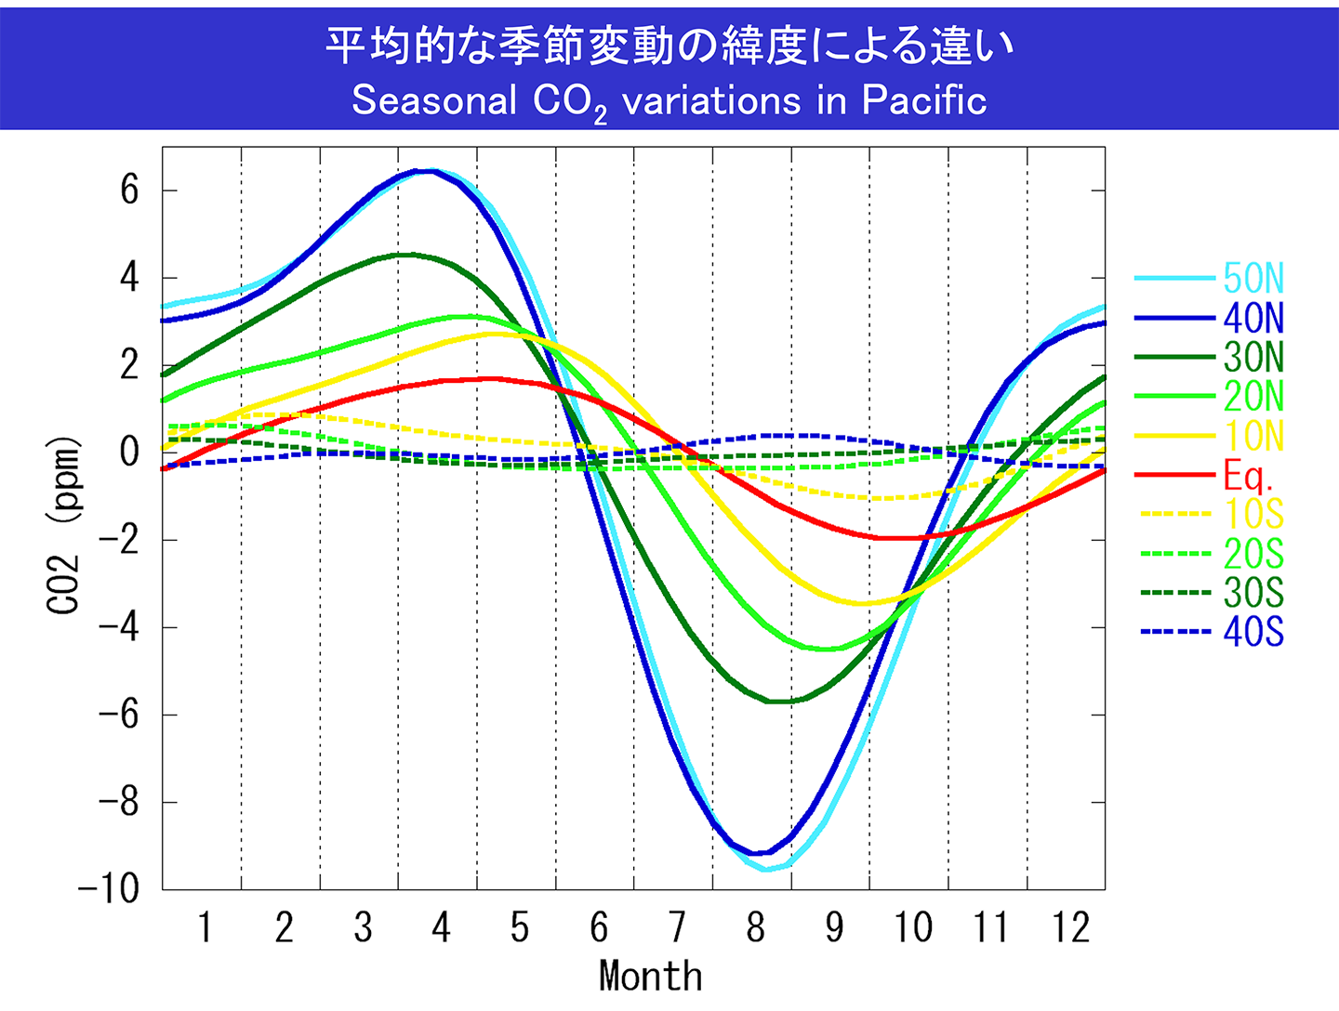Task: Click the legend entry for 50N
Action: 1253,279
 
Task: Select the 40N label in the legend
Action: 1253,319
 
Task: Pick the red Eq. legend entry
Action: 1247,476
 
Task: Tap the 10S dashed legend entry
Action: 1253,514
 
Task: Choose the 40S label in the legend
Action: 1253,633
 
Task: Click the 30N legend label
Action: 1253,358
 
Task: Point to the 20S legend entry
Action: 1253,554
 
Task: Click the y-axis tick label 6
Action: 129,190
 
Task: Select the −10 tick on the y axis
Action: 109,889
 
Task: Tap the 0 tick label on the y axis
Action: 129,453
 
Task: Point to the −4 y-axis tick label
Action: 119,627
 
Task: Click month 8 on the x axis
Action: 755,927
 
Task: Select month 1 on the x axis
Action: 205,927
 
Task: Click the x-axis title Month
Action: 651,977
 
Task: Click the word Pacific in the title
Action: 923,100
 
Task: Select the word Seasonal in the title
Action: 433,100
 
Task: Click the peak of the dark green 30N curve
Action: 406,254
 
